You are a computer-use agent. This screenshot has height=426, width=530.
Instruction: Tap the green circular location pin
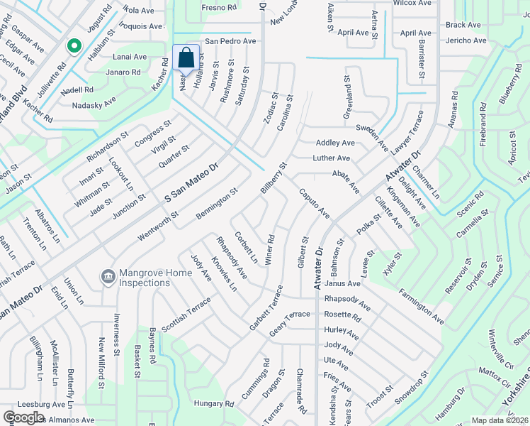[74, 47]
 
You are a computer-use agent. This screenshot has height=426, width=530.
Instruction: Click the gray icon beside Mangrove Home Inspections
[108, 275]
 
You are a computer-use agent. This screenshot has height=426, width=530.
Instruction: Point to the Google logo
[23, 417]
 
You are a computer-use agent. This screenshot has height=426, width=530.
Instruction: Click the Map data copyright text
[500, 420]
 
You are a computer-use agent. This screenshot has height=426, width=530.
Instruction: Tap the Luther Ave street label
[332, 158]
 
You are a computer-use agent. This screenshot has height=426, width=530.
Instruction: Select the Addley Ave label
[335, 143]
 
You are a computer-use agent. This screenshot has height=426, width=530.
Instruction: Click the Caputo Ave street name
[314, 203]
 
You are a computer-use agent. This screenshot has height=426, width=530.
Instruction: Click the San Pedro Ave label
[230, 41]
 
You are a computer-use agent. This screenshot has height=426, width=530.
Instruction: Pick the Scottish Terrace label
[186, 315]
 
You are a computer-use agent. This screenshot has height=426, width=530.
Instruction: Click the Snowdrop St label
[412, 388]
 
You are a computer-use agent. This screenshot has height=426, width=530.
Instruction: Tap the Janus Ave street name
[343, 283]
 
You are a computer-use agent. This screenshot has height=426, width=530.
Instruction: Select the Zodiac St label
[270, 107]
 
